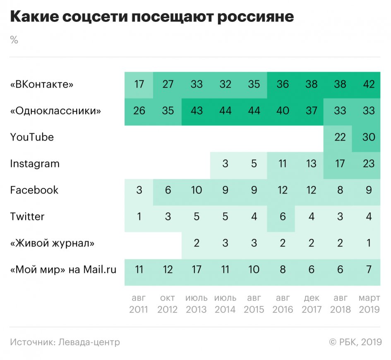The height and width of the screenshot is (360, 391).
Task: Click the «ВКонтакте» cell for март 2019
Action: (368, 84)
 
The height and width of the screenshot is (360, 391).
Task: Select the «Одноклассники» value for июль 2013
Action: (197, 111)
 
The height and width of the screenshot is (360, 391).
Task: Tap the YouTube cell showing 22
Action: (340, 137)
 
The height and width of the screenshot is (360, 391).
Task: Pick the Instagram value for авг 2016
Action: (283, 164)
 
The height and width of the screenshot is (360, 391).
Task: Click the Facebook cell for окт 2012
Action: (168, 190)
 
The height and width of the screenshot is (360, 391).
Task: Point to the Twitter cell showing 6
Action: (283, 217)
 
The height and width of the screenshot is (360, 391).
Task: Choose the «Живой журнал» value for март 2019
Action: (368, 243)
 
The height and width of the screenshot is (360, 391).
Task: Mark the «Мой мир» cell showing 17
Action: (197, 269)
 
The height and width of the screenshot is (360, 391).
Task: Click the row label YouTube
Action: (32, 137)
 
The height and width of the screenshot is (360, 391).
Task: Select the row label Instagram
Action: (35, 164)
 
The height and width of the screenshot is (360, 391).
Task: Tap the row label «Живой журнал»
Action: (52, 243)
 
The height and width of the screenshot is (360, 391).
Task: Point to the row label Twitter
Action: (27, 217)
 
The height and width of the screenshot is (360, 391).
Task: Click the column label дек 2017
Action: (311, 304)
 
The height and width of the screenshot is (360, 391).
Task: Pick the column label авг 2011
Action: (139, 304)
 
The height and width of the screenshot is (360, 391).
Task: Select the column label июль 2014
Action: (225, 304)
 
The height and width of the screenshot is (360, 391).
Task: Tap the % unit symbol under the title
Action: (14, 40)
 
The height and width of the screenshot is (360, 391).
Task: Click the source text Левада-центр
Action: (89, 342)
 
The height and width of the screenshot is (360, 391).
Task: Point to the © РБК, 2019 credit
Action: (355, 342)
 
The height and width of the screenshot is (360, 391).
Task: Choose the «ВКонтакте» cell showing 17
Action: (139, 84)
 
